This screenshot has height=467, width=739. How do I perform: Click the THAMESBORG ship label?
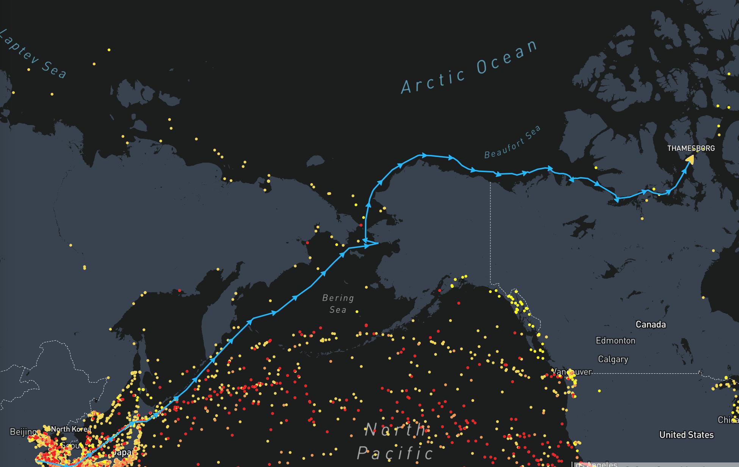pyautogui.click(x=691, y=148)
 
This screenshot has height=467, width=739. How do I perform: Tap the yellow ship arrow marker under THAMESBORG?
pyautogui.click(x=690, y=159)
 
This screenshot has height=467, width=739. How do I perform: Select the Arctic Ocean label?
pyautogui.click(x=470, y=67)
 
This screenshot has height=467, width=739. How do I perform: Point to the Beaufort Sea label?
pyautogui.click(x=512, y=142)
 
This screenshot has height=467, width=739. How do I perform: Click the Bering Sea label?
pyautogui.click(x=338, y=304)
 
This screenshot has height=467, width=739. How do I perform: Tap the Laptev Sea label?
pyautogui.click(x=33, y=55)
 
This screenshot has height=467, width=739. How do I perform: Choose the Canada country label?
pyautogui.click(x=650, y=324)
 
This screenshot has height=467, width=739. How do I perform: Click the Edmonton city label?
pyautogui.click(x=615, y=340)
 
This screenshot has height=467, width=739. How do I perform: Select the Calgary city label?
pyautogui.click(x=613, y=359)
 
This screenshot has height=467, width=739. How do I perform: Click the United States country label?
pyautogui.click(x=686, y=435)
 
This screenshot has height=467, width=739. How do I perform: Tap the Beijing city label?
pyautogui.click(x=23, y=432)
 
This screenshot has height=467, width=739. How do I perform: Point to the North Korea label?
pyautogui.click(x=71, y=429)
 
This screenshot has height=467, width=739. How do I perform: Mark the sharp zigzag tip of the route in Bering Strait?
pyautogui.click(x=378, y=243)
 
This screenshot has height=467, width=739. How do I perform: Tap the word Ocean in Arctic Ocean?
pyautogui.click(x=507, y=56)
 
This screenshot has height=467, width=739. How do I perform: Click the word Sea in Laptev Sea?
pyautogui.click(x=54, y=69)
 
